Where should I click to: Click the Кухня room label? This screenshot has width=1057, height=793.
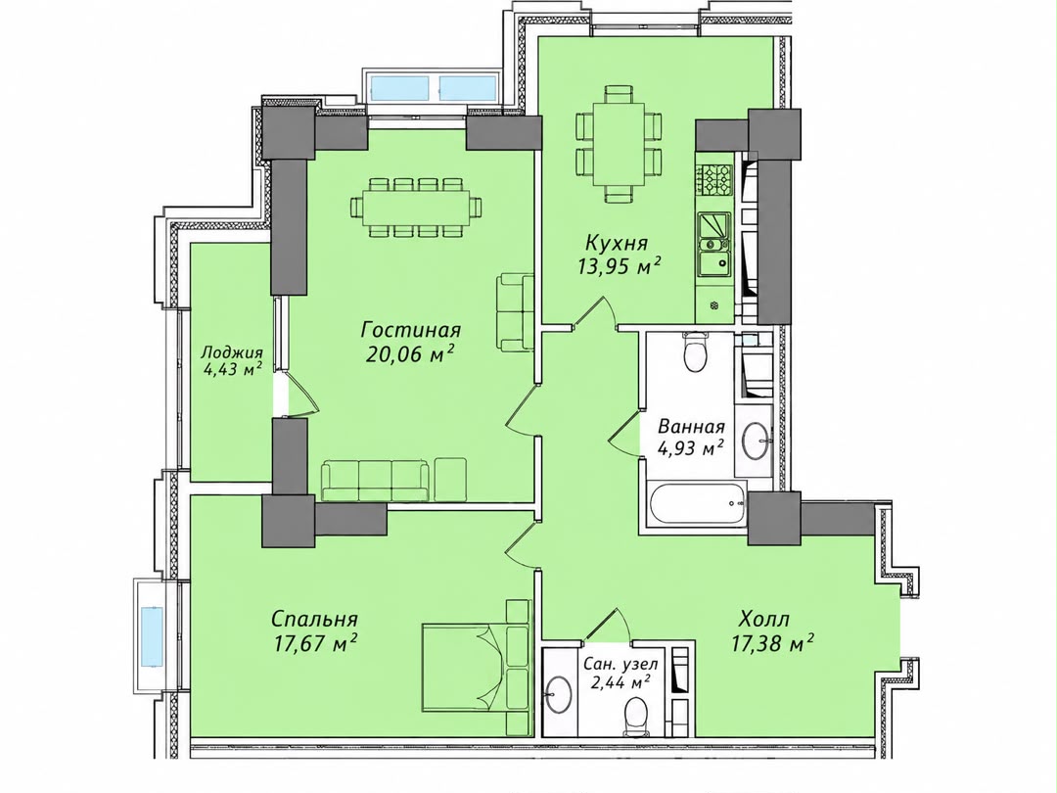click(x=617, y=243)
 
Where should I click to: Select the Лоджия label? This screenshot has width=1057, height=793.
click(x=232, y=352)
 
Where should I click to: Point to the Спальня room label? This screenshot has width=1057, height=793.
click(x=314, y=619)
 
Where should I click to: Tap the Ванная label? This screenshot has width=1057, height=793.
click(x=691, y=427)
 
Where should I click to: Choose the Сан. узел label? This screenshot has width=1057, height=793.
click(x=620, y=664)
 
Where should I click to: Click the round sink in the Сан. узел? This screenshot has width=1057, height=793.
click(x=559, y=694)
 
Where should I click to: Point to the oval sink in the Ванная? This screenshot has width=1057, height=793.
click(x=757, y=441)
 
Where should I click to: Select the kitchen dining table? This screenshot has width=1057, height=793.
click(x=619, y=144)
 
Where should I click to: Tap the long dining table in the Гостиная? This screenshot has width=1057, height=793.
click(x=416, y=207)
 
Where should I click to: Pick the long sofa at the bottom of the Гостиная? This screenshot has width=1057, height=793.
click(x=375, y=480)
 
